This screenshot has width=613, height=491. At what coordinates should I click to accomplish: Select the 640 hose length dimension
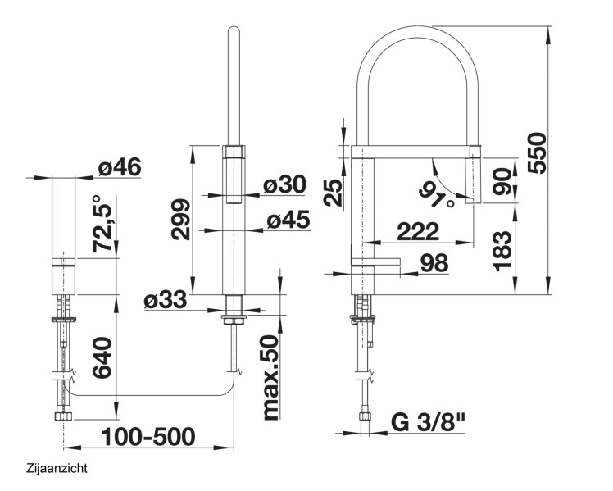click(102, 359)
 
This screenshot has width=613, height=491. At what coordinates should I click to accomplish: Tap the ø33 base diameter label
click(166, 301)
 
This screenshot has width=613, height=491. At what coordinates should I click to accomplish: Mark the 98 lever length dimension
click(438, 263)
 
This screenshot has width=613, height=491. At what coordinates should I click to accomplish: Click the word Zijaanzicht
click(57, 469)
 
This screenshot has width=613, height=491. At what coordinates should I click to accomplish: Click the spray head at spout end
click(473, 179)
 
